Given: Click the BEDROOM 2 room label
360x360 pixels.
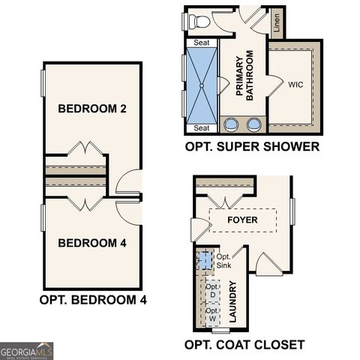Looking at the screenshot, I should [91, 109].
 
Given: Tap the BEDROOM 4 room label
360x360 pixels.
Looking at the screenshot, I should [91, 243].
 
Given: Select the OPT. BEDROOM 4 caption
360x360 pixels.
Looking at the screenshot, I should [92, 299].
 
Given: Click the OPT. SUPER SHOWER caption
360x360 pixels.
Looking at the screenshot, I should [252, 147].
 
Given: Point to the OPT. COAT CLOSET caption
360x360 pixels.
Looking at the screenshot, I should [244, 345].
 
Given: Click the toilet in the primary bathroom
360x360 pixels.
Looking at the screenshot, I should [199, 21].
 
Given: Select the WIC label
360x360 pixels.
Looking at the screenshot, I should [295, 85].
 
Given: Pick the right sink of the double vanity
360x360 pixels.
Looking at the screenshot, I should [255, 124].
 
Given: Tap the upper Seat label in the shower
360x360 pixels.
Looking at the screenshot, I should [202, 43].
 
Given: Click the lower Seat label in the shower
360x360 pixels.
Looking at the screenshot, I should [202, 128].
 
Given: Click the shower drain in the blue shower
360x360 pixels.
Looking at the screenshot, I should [202, 85].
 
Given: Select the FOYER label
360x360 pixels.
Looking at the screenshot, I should [243, 220].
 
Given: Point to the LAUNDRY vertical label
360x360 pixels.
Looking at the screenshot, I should [232, 301].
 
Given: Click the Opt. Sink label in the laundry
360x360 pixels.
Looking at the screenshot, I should [223, 261].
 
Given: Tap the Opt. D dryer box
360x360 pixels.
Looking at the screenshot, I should [213, 292].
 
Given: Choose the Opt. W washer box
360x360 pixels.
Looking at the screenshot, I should [213, 315].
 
